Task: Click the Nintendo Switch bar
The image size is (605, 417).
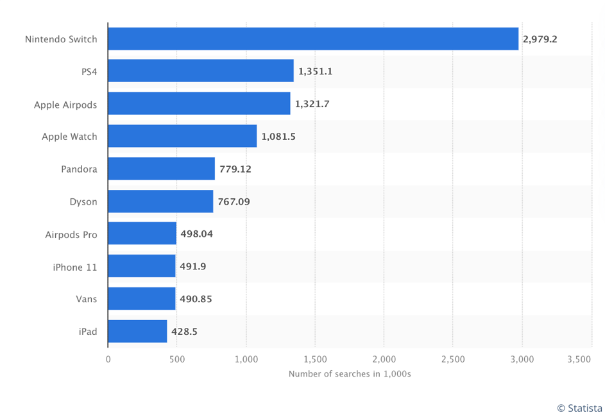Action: (x=313, y=39)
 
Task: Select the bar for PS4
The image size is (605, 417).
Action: (x=201, y=71)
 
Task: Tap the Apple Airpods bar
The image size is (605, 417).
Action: (x=199, y=104)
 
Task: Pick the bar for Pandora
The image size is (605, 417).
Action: (x=161, y=169)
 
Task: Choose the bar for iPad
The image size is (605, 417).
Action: (x=137, y=332)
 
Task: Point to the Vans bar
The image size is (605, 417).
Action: (x=141, y=299)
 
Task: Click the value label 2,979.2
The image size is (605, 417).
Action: (x=540, y=39)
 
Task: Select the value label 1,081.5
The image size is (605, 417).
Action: (x=278, y=137)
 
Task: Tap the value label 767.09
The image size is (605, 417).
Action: (x=234, y=201)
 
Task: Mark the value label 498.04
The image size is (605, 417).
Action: (x=197, y=234)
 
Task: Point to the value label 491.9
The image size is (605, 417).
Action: (x=193, y=267)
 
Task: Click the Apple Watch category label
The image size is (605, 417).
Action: (x=69, y=137)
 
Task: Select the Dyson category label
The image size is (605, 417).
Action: (x=83, y=201)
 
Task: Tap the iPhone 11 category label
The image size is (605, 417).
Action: (x=75, y=267)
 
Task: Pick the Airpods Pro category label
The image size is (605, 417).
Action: (x=71, y=234)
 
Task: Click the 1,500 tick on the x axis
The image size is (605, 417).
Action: (x=315, y=360)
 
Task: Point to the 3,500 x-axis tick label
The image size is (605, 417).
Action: (x=579, y=360)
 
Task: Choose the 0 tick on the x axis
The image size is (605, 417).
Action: (x=108, y=360)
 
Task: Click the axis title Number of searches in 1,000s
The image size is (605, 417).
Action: (x=350, y=374)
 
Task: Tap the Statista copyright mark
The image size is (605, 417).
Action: (x=579, y=408)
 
